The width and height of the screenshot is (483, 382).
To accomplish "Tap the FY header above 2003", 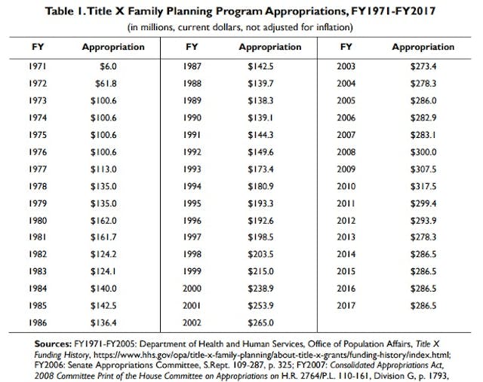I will [x=345, y=47].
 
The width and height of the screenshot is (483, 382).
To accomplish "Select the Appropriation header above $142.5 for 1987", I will [x=270, y=47].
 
